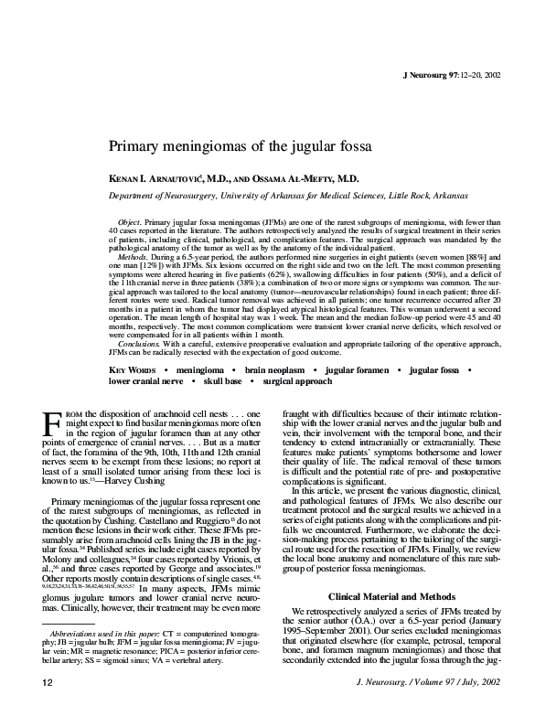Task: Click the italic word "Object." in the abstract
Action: coord(134,223)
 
